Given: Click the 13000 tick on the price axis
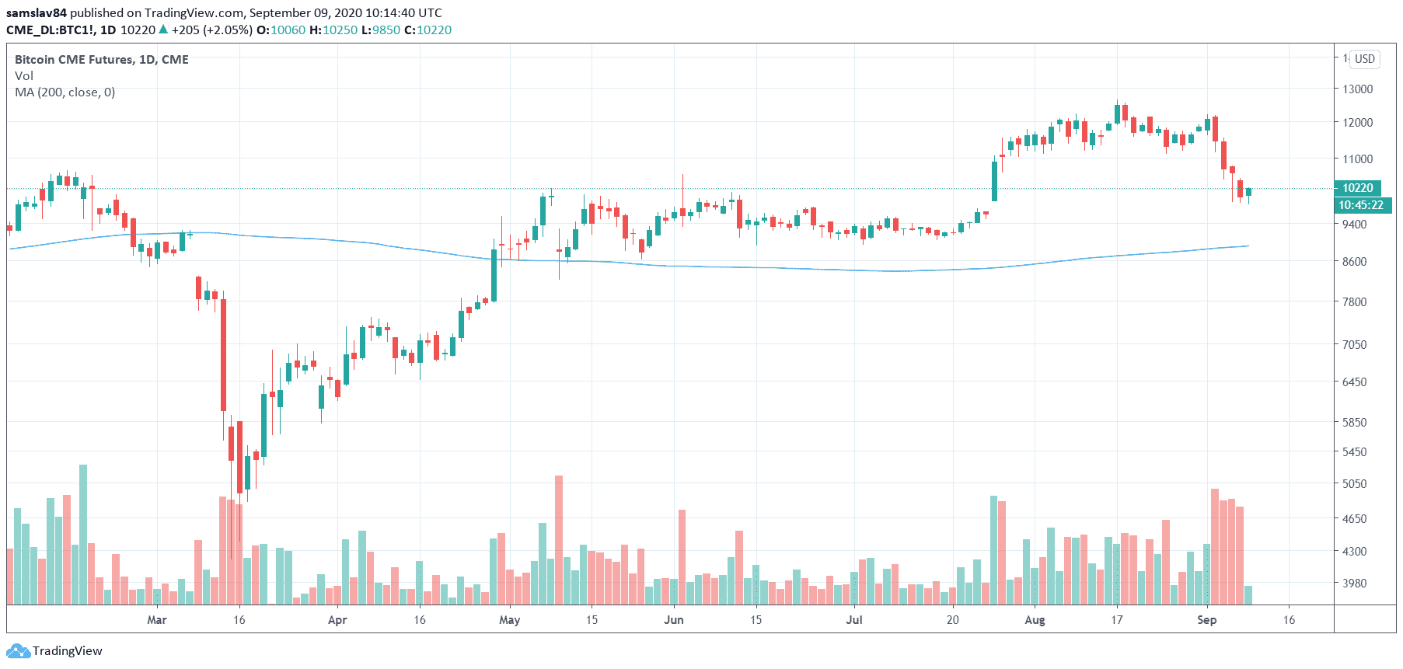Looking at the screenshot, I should point(1357,89).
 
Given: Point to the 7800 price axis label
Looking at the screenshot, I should point(1354,302).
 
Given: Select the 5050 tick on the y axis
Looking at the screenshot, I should point(1354,484).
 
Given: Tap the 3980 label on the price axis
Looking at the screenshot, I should point(1354,584).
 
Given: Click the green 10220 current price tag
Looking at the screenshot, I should point(1357,188).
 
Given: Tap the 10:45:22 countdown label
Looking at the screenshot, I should point(1360,205).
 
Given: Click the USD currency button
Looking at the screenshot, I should point(1364,59).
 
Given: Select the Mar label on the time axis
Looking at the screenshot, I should point(157,620).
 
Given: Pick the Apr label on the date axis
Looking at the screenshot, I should point(337,620).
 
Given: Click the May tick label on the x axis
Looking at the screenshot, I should point(509,620).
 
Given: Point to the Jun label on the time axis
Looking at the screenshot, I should point(674,620).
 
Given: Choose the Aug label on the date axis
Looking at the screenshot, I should point(1035,620).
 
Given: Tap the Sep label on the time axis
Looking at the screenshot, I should point(1206,620).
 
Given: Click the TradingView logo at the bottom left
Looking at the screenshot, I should point(54,651).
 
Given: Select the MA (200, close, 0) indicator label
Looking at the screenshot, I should point(65,92).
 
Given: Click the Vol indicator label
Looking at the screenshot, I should point(23,76).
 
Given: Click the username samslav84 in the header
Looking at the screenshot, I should point(36,13).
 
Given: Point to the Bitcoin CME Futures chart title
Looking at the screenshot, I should point(101,60).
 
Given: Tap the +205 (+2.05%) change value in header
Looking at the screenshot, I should point(211,30).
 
